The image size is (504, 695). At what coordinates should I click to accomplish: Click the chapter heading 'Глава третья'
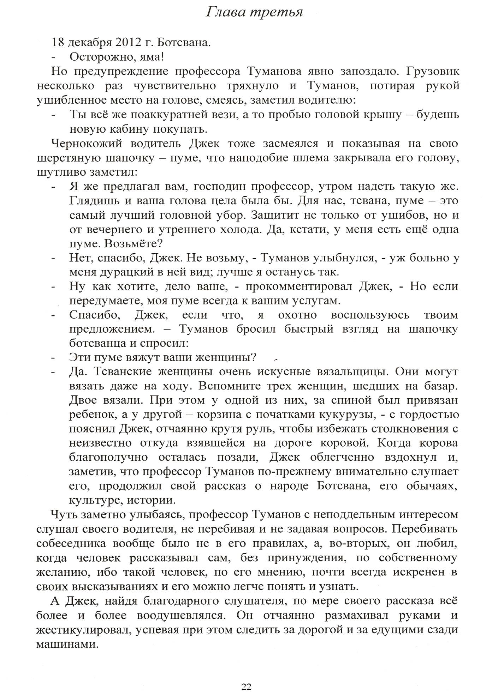[x=254, y=13]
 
